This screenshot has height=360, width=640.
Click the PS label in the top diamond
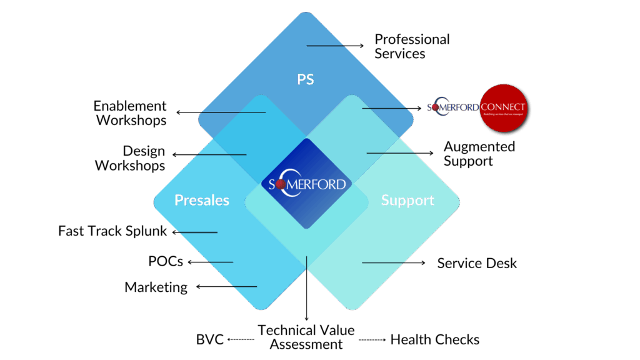click(x=305, y=79)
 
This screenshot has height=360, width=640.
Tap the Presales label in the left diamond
click(x=201, y=200)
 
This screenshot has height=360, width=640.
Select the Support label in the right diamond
click(x=407, y=200)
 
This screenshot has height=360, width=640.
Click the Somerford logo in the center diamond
click(x=306, y=184)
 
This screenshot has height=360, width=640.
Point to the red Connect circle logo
click(x=504, y=107)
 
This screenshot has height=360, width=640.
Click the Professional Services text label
click(x=411, y=46)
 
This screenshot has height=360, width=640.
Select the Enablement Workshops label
click(x=131, y=112)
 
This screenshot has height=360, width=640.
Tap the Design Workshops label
click(x=131, y=158)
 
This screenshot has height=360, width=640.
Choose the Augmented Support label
click(x=479, y=153)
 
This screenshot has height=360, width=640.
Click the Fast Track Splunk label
click(x=112, y=231)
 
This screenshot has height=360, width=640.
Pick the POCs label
click(x=166, y=261)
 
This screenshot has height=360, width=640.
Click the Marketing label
click(x=156, y=287)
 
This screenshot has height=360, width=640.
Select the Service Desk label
click(x=477, y=263)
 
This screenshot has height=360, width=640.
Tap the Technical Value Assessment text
click(x=306, y=337)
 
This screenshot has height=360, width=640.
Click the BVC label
click(x=210, y=340)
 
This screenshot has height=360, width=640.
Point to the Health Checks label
click(x=435, y=340)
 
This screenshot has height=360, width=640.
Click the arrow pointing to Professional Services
click(x=335, y=46)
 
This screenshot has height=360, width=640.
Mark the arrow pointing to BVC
click(x=241, y=340)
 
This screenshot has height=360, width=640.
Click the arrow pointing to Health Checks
click(x=372, y=340)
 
